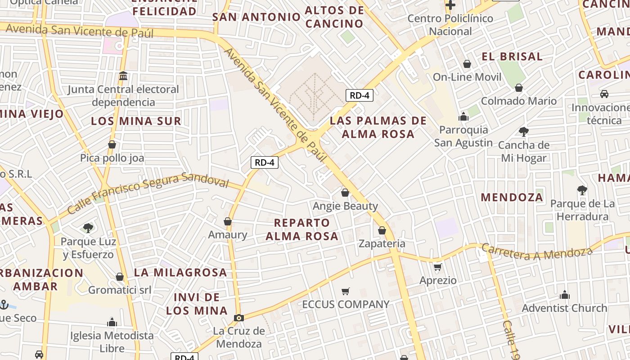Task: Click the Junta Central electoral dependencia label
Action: point(123,96)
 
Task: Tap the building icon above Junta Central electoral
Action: point(123,76)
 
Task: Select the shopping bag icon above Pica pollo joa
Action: point(112,144)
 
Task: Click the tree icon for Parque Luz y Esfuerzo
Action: point(88,228)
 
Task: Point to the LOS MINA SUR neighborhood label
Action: point(136,121)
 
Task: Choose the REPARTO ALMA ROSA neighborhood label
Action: point(302,229)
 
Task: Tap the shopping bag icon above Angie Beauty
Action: point(345,193)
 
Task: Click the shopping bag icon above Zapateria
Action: point(382,230)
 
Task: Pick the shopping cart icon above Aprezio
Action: point(438,267)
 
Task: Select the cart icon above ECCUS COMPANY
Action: point(345,291)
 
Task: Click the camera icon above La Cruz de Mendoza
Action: point(239,318)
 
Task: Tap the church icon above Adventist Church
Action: point(564,295)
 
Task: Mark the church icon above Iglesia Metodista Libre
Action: point(112,322)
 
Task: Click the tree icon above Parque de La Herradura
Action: point(582,190)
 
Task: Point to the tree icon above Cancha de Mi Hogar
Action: point(523,132)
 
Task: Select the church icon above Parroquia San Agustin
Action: point(463,117)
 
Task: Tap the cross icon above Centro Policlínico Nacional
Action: point(450,5)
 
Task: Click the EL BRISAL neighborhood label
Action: point(512,57)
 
